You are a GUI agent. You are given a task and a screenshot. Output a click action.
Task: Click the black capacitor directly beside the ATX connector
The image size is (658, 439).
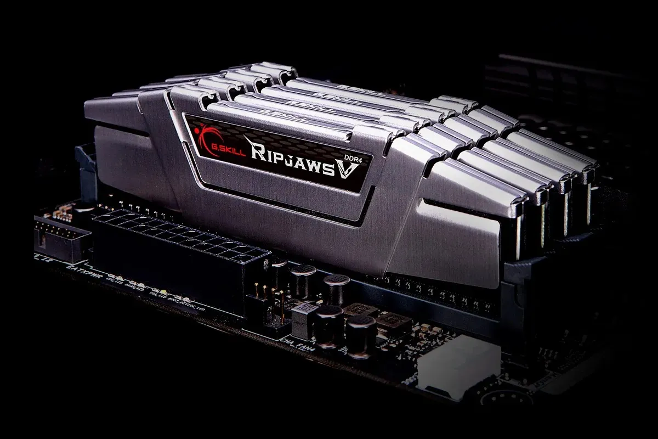(x=280, y=272)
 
